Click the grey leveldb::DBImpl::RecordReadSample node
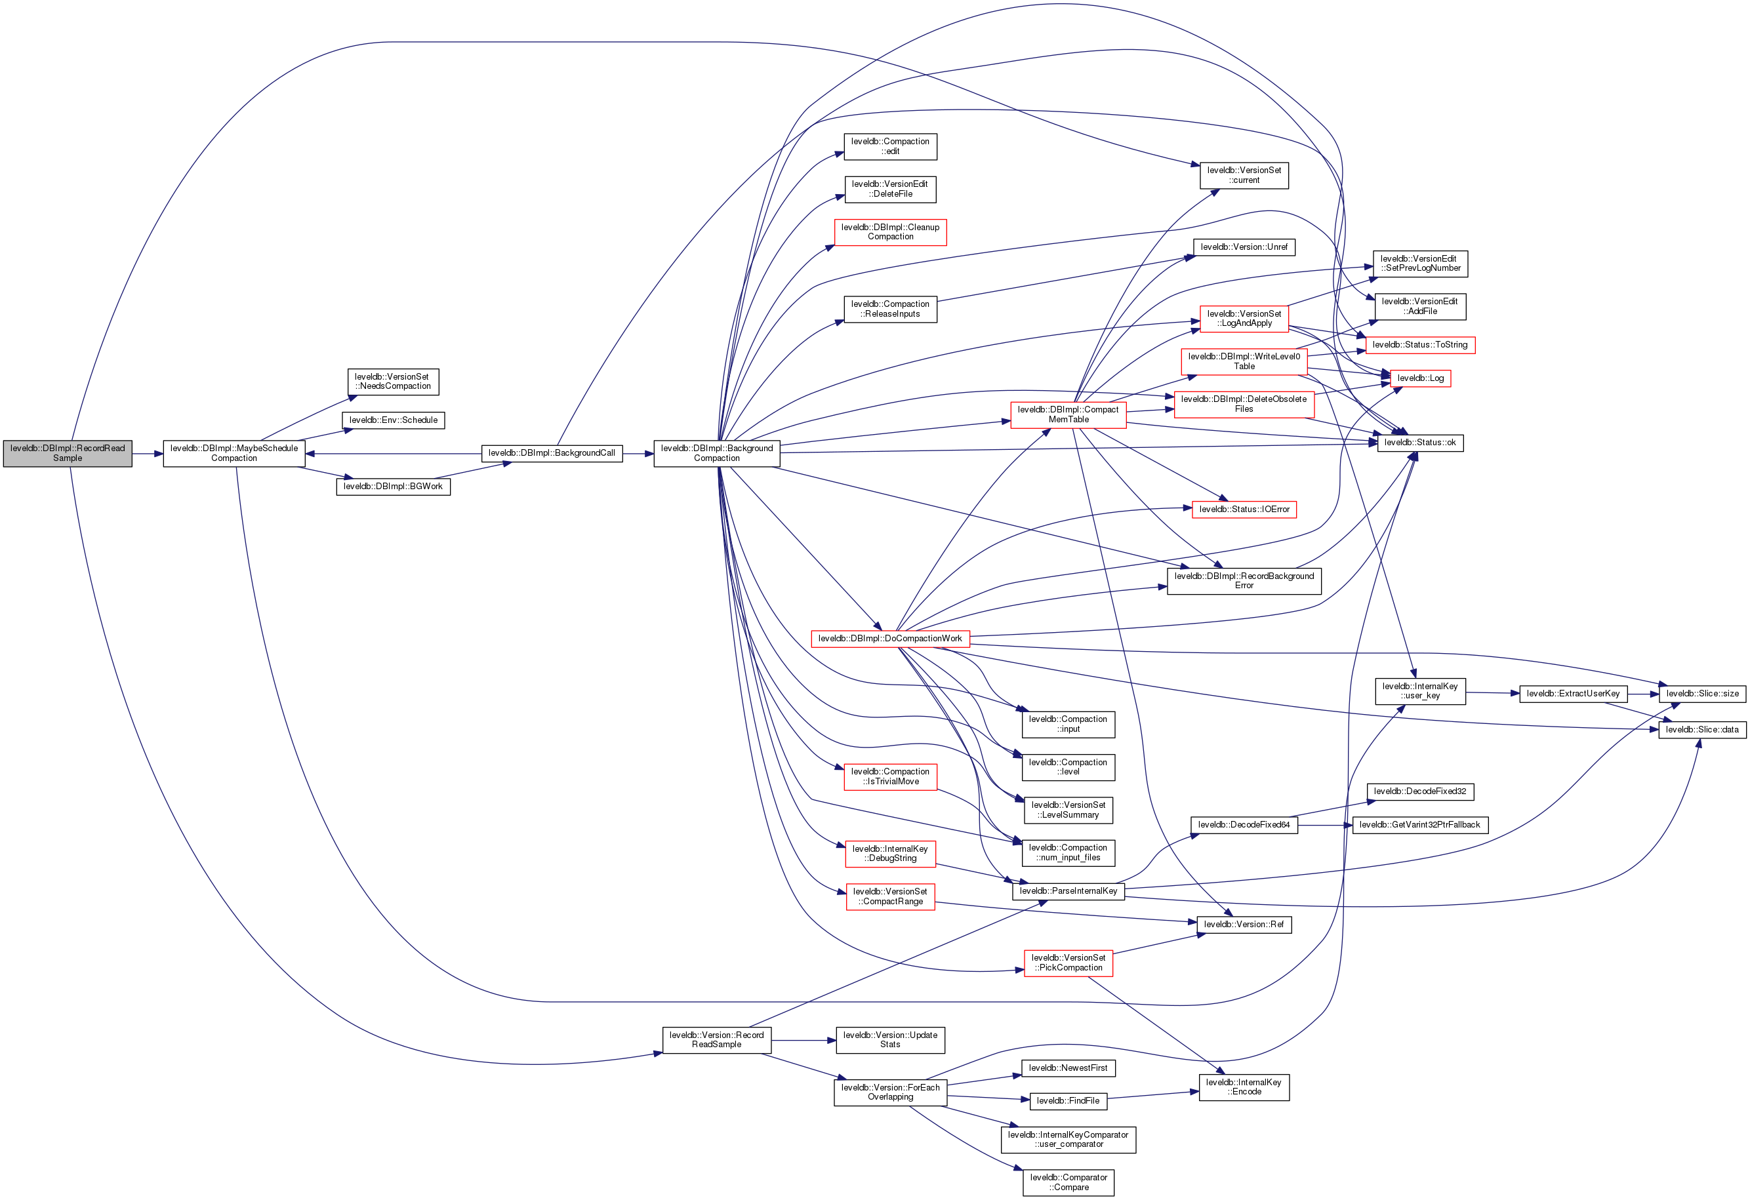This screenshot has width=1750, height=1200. (68, 453)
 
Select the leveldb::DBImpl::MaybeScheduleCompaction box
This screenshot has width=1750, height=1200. (234, 453)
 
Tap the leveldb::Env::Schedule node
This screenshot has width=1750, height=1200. (393, 420)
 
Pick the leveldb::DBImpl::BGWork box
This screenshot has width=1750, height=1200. (393, 487)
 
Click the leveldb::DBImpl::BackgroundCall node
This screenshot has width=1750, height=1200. (551, 453)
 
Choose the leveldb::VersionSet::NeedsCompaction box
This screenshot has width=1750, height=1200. (393, 382)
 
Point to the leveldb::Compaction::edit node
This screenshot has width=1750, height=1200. (890, 146)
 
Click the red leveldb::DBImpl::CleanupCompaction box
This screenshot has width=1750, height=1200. (890, 232)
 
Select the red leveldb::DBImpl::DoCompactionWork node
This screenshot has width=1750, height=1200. (890, 639)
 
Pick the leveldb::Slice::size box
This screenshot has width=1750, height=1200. (1702, 693)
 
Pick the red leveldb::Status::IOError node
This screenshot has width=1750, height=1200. (1244, 510)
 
